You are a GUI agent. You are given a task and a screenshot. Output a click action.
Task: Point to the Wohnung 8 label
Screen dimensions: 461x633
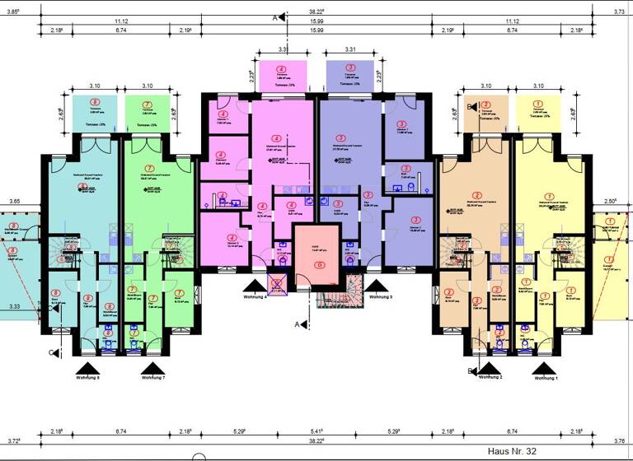coord(87,378)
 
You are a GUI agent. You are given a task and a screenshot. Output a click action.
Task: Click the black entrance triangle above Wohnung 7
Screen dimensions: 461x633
coord(152,367)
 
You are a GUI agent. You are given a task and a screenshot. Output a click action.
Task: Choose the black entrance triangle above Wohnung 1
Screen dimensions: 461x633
coord(545,367)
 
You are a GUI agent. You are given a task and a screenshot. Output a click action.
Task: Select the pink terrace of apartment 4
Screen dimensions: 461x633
coord(283,76)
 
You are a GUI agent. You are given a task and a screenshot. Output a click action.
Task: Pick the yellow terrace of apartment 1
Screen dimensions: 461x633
coord(538,113)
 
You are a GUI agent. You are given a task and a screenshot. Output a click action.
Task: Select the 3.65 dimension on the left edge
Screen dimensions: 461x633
coord(14,201)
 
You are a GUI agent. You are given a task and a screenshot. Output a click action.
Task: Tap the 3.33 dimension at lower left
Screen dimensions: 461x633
coord(14,306)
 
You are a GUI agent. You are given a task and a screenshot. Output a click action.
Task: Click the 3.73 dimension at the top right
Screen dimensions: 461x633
coord(619,12)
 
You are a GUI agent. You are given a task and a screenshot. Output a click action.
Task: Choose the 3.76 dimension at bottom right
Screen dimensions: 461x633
coord(619,441)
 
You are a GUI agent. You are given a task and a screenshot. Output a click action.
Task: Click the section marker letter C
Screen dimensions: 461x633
coord(51,353)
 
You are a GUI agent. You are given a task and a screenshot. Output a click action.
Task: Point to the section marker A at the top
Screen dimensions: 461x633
coord(275,16)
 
